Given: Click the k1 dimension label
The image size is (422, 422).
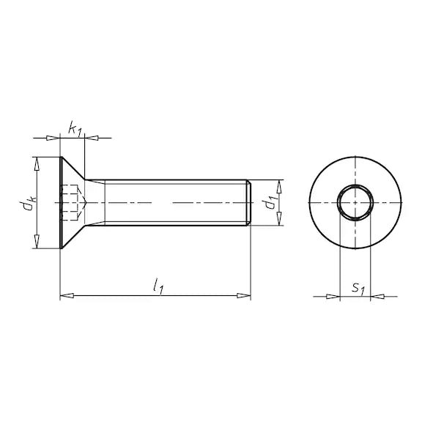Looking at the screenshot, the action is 75,129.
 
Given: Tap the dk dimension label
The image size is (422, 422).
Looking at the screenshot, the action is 28,203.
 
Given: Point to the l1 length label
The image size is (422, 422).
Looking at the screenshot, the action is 158,286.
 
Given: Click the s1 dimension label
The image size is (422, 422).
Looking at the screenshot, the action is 358,289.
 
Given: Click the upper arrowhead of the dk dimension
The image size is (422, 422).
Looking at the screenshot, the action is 37,164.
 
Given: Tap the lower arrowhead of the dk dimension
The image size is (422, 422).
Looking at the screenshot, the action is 37,242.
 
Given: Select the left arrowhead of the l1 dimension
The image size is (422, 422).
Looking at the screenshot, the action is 67,295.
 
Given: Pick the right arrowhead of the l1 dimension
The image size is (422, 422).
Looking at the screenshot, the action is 244,295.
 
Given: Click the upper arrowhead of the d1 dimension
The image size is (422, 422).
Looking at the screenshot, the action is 279,187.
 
